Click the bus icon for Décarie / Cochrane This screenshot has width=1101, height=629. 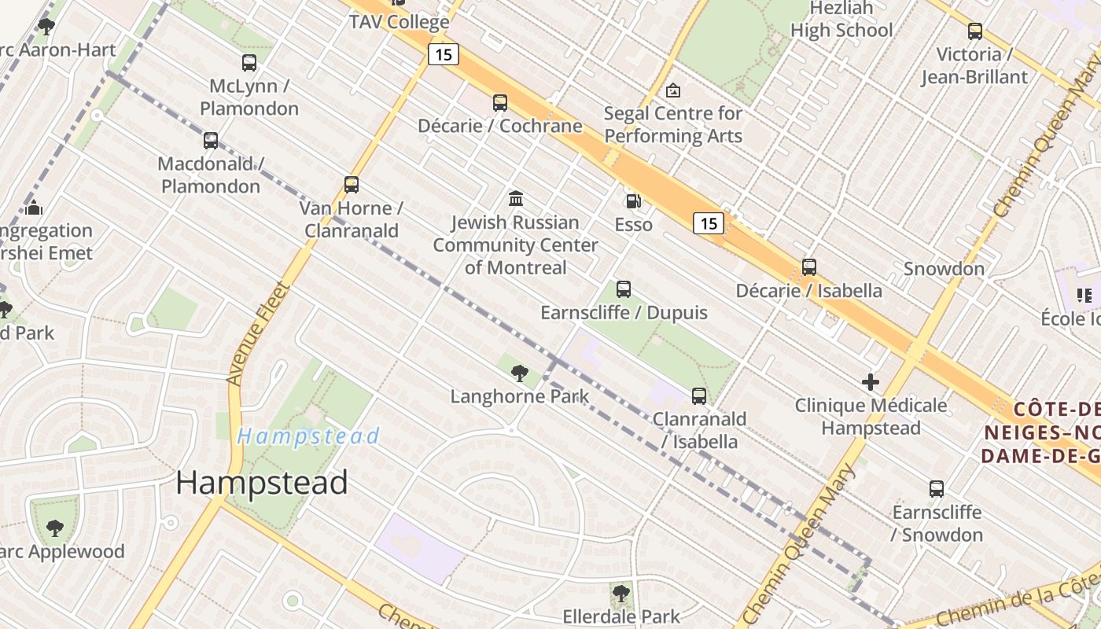coord(500,102)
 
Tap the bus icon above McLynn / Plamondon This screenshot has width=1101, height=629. coord(249,63)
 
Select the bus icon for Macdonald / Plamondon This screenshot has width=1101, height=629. coord(211,141)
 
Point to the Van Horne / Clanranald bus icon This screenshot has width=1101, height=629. coord(352,185)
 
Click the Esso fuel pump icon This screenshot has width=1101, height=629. coord(633,201)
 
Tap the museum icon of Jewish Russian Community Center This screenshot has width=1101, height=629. coord(516,198)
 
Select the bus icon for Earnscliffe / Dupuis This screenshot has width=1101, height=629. coord(624,289)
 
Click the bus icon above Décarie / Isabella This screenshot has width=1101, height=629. coord(809,267)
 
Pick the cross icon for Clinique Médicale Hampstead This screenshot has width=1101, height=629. coord(871,383)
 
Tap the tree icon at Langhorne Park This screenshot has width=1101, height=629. coord(519,373)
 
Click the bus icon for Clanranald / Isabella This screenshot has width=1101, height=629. coord(699,396)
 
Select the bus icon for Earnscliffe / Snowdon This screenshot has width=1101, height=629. coord(937,489)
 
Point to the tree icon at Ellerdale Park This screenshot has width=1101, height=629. coord(621,593)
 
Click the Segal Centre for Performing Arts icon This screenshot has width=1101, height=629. coord(672,90)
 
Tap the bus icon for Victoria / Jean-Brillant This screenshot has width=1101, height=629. coord(975,31)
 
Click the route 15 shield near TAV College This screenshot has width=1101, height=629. coord(444,54)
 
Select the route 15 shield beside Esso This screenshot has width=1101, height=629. coord(709,223)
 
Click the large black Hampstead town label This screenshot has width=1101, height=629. coord(262,483)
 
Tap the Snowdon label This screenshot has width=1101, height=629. coord(944,269)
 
